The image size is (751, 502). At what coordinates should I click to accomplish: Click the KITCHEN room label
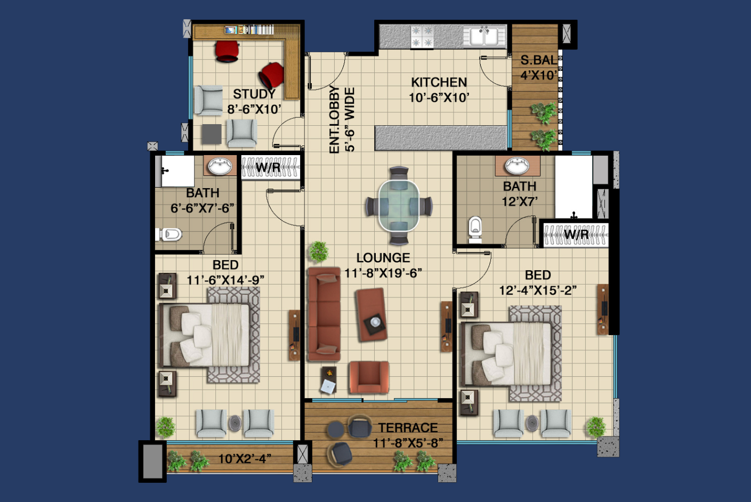(x=439, y=82)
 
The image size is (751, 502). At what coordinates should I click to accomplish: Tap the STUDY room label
(x=254, y=94)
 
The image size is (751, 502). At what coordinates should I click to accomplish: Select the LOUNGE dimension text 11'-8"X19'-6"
(x=383, y=273)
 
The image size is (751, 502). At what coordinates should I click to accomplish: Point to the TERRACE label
(x=408, y=427)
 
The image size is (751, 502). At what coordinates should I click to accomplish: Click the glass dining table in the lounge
(x=399, y=205)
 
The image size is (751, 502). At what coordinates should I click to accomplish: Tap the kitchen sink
(x=484, y=36)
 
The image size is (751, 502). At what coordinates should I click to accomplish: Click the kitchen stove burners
(x=422, y=37)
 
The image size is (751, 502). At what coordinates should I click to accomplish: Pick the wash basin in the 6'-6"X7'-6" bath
(x=220, y=166)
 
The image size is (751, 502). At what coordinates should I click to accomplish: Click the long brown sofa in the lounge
(x=324, y=314)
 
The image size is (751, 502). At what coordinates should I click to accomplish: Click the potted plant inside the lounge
(x=318, y=252)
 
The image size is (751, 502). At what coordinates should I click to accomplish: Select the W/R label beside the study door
(x=268, y=167)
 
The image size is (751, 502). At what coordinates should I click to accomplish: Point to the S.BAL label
(x=539, y=60)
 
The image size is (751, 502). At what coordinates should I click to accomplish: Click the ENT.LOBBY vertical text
(x=334, y=119)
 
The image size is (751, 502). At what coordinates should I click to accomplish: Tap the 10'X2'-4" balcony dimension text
(x=245, y=458)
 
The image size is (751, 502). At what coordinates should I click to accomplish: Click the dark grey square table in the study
(x=211, y=134)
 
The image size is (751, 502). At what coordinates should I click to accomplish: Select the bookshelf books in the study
(x=249, y=30)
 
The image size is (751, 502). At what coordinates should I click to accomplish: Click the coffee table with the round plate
(x=371, y=314)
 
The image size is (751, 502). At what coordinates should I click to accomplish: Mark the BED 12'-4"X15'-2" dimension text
(x=538, y=290)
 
